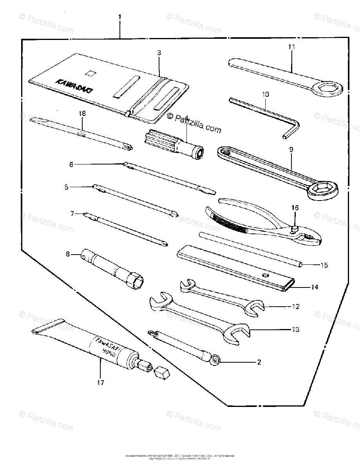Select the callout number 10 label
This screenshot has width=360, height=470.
(265, 94)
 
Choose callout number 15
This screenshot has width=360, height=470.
(324, 265)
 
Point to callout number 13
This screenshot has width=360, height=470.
(295, 330)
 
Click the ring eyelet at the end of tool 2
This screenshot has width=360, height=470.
(215, 359)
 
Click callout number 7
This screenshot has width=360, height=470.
(72, 214)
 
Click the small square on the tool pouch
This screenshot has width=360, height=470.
(91, 72)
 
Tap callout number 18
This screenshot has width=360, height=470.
(81, 114)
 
